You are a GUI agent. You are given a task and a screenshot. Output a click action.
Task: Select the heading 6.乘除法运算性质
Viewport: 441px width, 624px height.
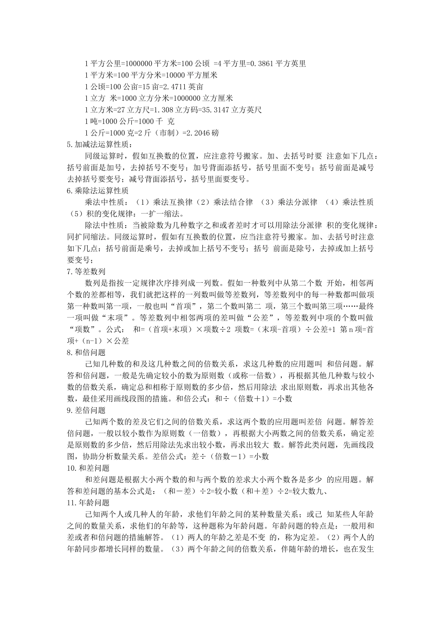[98, 190]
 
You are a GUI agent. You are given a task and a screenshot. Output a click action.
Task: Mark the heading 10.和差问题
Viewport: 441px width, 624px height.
[89, 468]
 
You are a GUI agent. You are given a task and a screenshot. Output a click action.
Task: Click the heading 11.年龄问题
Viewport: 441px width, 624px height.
[89, 502]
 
